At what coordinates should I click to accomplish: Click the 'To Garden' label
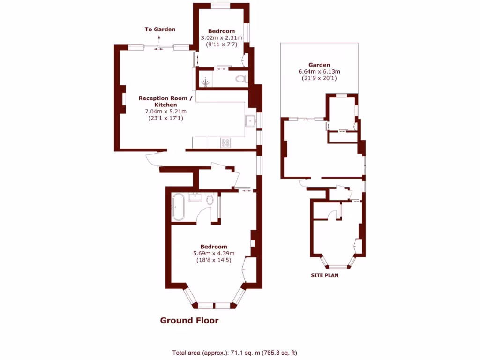click(160, 30)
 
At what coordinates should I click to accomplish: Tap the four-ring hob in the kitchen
click(225, 142)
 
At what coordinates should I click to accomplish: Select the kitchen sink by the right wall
click(251, 121)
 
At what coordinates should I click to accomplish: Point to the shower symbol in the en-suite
click(205, 82)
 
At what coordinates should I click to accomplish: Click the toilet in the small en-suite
click(241, 79)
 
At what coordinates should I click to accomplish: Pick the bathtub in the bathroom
click(178, 207)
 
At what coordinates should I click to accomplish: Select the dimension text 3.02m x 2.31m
click(221, 38)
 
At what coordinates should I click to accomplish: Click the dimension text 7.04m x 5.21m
click(165, 112)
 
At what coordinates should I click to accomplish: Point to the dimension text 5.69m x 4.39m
click(214, 254)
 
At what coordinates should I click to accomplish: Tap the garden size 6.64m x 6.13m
click(319, 72)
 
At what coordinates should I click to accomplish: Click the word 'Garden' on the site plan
click(319, 65)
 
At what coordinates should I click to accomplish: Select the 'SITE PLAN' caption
click(325, 275)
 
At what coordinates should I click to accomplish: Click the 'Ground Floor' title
click(189, 321)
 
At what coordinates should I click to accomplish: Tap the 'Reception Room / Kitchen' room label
click(165, 101)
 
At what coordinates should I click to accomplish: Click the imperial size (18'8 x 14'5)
click(214, 260)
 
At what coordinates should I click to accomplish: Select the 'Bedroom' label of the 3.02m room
click(222, 31)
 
